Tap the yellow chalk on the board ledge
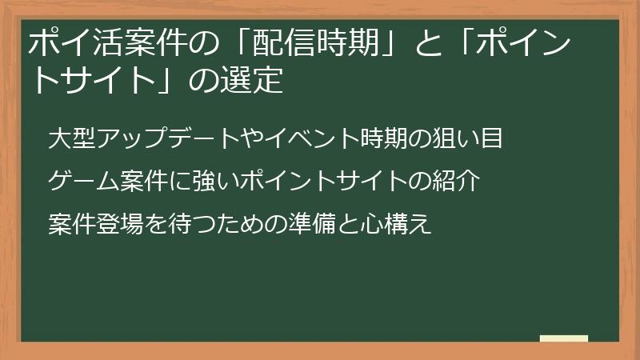pyautogui.click(x=563, y=339)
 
